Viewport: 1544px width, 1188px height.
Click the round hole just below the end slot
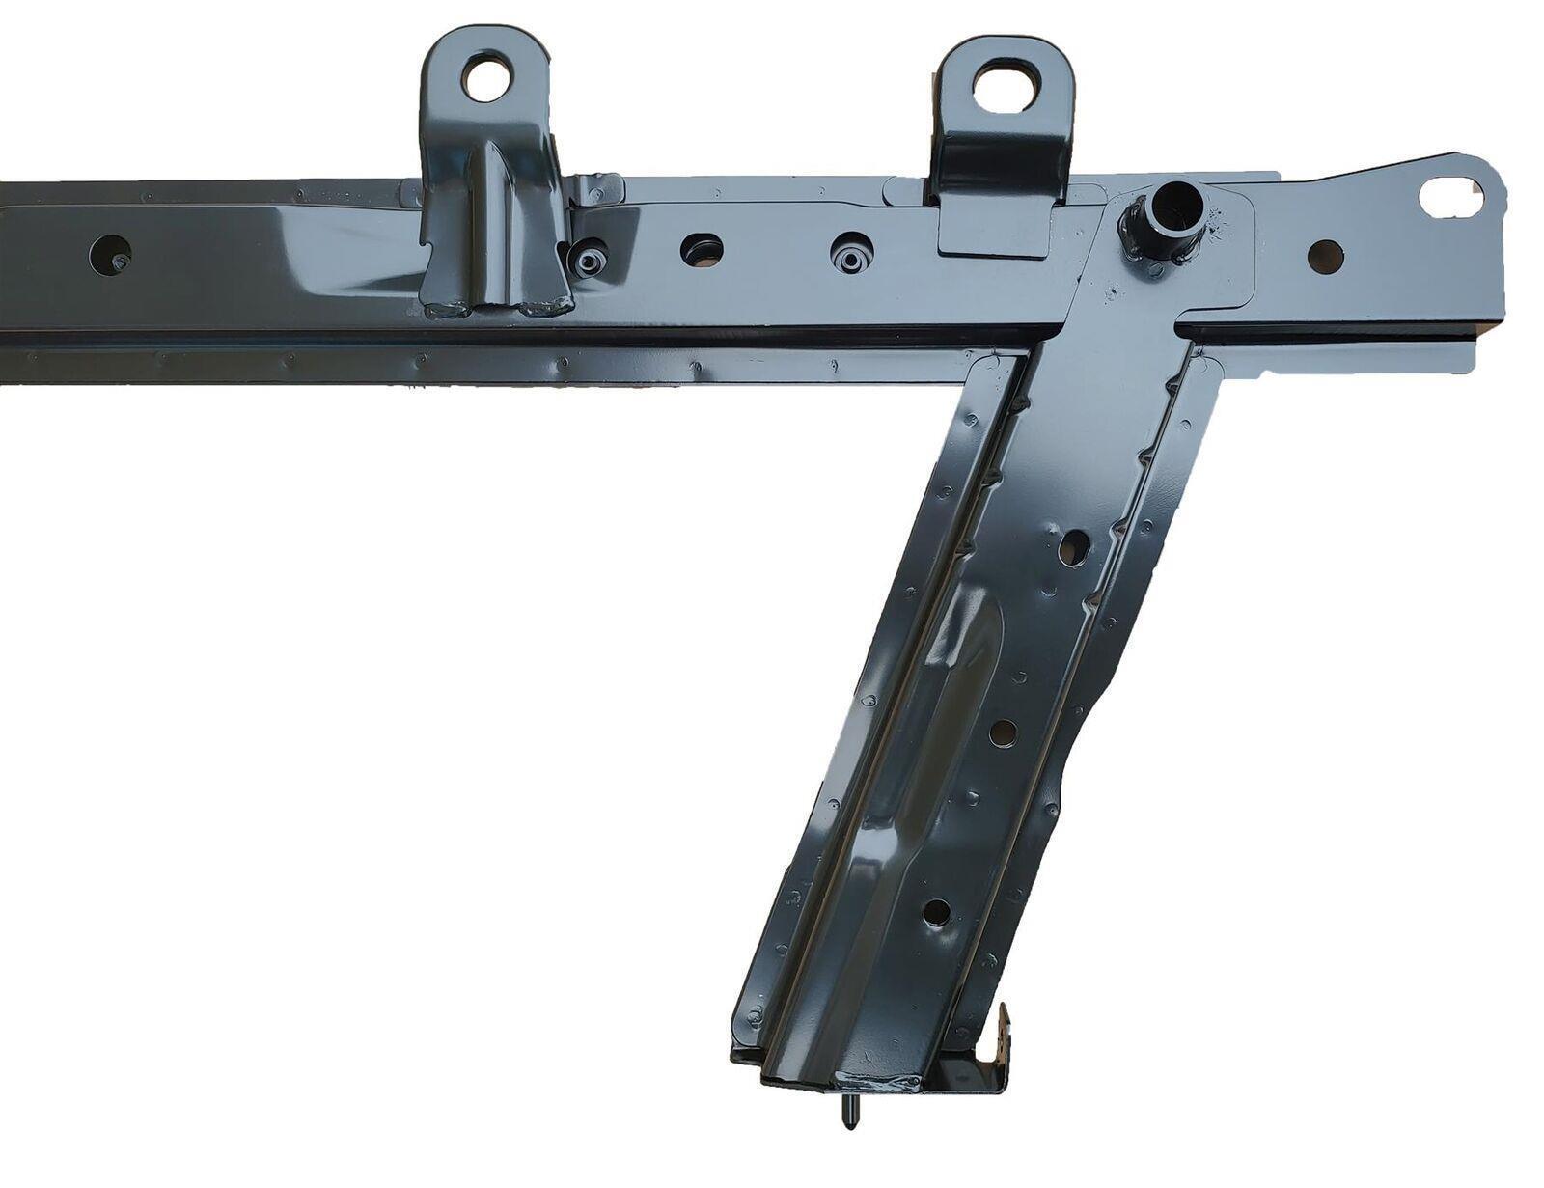click(1325, 256)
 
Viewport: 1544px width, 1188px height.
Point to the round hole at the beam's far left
click(110, 255)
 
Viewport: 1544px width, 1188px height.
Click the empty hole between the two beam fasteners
click(702, 250)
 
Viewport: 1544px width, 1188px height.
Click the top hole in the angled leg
click(1072, 548)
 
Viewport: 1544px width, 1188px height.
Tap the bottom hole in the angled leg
click(936, 912)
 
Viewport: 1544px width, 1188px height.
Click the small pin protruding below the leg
click(847, 1113)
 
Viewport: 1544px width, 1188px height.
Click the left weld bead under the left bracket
click(450, 310)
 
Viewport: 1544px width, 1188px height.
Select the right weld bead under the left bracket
click(546, 308)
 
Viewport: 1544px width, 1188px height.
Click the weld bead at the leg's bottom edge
click(876, 1081)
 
